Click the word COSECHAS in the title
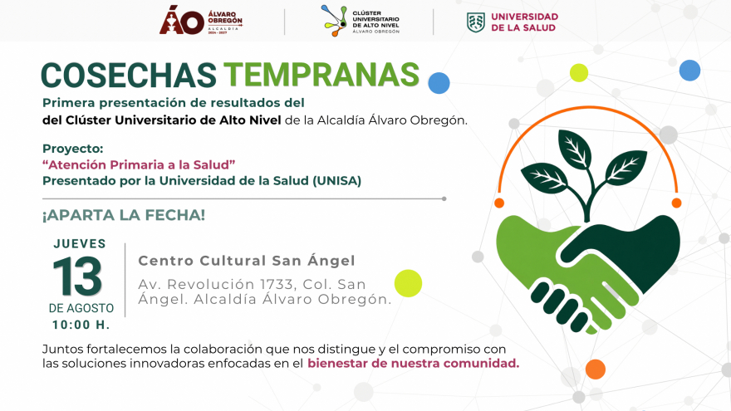click(x=129, y=75)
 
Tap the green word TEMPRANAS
click(x=321, y=75)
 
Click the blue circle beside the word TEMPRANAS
click(x=439, y=83)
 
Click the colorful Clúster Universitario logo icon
click(x=334, y=21)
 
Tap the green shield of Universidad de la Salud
click(x=475, y=22)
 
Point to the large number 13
click(x=77, y=276)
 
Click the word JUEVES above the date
click(x=80, y=244)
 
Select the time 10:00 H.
click(x=81, y=325)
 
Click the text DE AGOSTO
click(x=81, y=308)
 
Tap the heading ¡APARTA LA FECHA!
click(x=124, y=215)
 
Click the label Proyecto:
click(x=73, y=149)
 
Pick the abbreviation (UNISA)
click(x=336, y=181)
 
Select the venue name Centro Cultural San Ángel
click(x=247, y=261)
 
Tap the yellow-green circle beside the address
click(x=408, y=283)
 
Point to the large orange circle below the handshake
click(x=596, y=369)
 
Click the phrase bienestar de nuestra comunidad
click(x=413, y=364)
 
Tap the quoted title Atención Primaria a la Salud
click(x=139, y=165)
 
